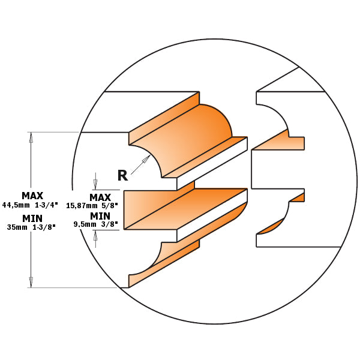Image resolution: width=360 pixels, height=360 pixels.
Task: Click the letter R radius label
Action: click(x=122, y=175)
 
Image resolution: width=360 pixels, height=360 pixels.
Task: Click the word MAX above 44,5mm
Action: click(x=32, y=196)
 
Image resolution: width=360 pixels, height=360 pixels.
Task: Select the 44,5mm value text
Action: click(x=16, y=205)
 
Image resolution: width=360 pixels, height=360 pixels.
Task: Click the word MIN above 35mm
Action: click(x=32, y=218)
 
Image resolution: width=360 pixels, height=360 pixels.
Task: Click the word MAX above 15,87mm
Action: click(x=100, y=197)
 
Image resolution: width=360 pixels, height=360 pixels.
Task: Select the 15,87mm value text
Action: click(x=84, y=205)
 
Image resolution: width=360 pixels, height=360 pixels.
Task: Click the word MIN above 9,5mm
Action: click(x=100, y=215)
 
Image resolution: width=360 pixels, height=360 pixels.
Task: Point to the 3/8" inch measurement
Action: click(x=111, y=224)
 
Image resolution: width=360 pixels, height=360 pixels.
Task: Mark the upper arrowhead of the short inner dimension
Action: click(x=94, y=185)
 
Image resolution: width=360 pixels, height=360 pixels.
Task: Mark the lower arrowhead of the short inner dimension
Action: click(x=94, y=235)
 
